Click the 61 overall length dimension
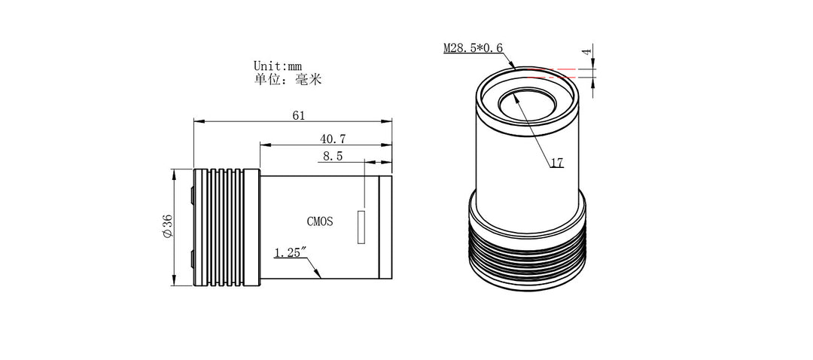tap(298, 115)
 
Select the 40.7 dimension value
tap(333, 139)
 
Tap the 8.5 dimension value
tap(333, 157)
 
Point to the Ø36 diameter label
tap(167, 227)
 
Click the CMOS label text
tap(320, 221)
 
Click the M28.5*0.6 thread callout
tap(473, 48)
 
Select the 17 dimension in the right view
tap(557, 163)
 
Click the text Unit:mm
tap(279, 66)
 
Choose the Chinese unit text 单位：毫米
tap(288, 79)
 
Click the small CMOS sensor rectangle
tap(361, 228)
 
